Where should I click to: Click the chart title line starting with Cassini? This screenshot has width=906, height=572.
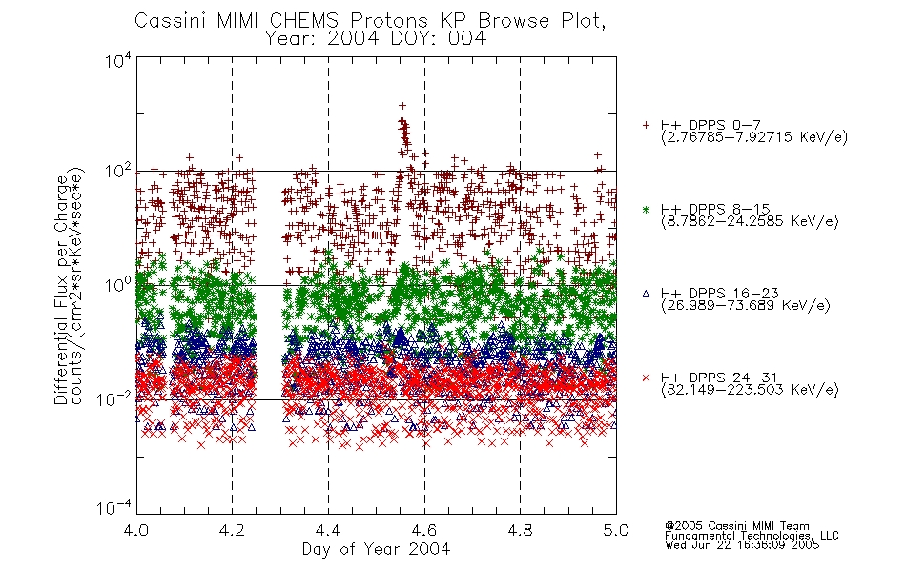tap(370, 21)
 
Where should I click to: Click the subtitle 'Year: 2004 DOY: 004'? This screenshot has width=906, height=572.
tap(376, 39)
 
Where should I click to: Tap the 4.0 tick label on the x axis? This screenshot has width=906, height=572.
tap(136, 530)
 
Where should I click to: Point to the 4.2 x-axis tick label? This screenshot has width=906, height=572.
tap(233, 530)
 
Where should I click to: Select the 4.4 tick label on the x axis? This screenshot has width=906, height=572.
tap(328, 530)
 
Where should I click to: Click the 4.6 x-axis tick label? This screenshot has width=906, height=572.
tap(424, 530)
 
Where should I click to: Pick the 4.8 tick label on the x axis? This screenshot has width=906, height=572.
tap(520, 530)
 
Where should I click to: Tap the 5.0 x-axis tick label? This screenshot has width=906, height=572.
tap(616, 530)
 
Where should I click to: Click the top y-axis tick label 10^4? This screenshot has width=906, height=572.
tap(118, 60)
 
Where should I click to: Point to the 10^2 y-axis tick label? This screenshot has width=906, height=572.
tap(118, 172)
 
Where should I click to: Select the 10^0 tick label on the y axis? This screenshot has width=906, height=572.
tap(118, 285)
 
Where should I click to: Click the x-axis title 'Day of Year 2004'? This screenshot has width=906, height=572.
tap(376, 549)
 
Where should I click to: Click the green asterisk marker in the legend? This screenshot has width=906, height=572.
tap(646, 210)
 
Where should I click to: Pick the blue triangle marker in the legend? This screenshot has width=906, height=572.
tap(646, 294)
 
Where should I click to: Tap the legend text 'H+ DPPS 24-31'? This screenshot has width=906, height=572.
tap(719, 378)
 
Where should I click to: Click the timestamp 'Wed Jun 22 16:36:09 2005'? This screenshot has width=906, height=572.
tap(742, 545)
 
